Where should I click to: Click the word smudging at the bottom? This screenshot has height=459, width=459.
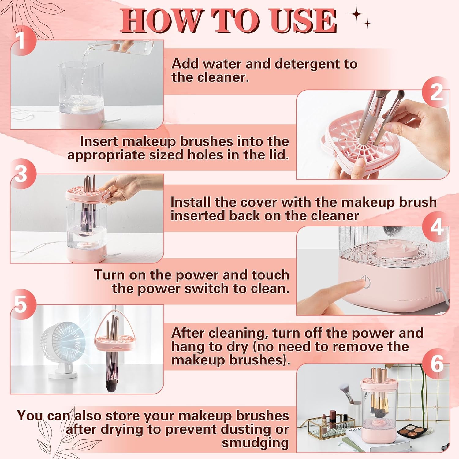[255, 442]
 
